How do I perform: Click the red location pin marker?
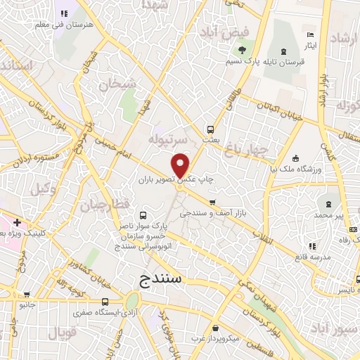[x=181, y=165]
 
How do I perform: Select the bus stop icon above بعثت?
[x=210, y=129]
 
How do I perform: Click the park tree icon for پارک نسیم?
[x=243, y=49]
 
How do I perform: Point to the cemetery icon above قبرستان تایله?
[x=283, y=51]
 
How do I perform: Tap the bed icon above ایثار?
[x=310, y=35]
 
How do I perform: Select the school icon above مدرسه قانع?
[x=312, y=246]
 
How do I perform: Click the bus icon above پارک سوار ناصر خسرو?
[x=143, y=215]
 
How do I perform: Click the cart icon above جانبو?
[x=27, y=295]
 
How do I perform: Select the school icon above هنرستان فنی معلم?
[x=64, y=13]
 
